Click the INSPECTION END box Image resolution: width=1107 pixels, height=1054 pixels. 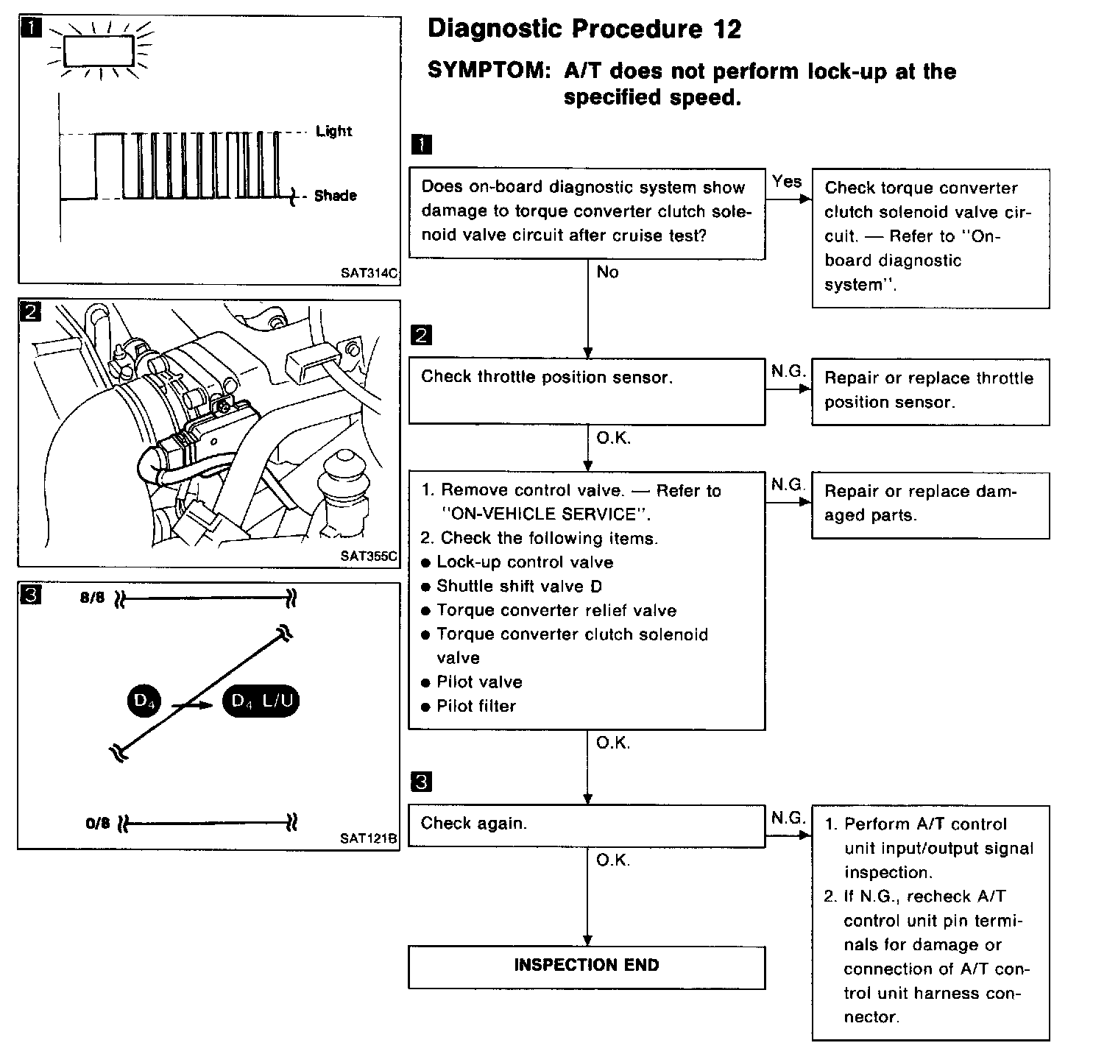point(587,966)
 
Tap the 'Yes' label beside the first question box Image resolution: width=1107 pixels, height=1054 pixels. point(787,181)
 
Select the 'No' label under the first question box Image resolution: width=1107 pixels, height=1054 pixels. point(607,272)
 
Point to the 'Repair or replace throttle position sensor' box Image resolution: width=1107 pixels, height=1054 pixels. point(930,391)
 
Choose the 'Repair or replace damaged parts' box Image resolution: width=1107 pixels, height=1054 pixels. point(930,505)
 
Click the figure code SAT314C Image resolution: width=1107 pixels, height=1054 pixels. point(369,273)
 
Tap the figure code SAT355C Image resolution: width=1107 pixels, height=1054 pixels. point(369,556)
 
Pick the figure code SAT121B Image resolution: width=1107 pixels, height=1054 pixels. point(369,838)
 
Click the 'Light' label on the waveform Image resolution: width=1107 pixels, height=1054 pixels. point(334,131)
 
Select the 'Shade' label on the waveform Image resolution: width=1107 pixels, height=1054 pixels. point(335,196)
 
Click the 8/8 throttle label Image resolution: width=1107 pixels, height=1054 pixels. point(93,598)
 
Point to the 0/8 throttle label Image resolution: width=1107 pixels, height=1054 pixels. point(97,823)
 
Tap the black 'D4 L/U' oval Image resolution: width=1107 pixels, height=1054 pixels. point(261,701)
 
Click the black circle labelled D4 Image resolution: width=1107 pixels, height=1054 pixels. point(144,701)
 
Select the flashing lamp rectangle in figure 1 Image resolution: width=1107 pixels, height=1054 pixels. point(99,51)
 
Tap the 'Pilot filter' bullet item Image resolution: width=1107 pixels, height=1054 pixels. point(475,707)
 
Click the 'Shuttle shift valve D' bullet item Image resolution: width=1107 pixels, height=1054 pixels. point(519,587)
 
